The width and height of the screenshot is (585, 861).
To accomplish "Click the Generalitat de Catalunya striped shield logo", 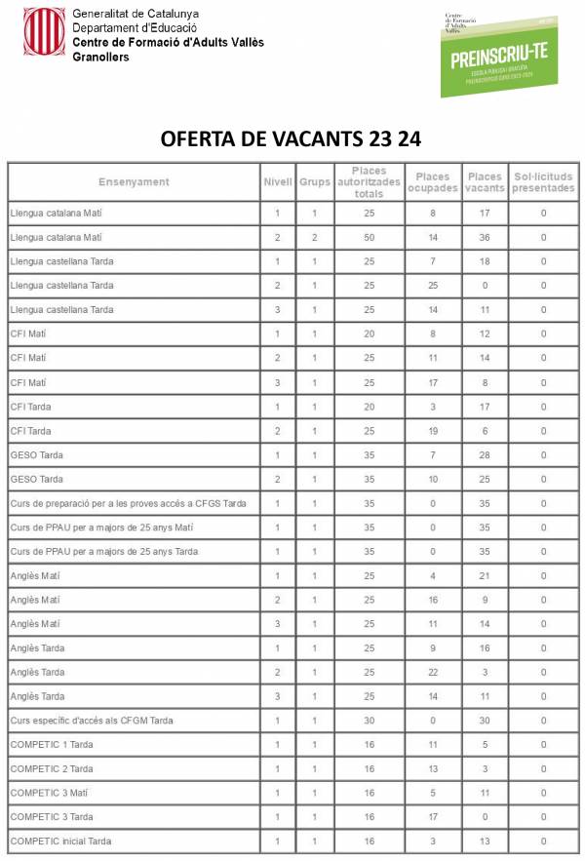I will coord(44,31).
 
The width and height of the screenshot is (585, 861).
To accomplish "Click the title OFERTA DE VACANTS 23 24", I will coord(291,138).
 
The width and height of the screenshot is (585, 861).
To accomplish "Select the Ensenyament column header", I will coord(134,182).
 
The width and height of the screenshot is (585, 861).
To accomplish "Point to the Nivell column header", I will coord(277,182).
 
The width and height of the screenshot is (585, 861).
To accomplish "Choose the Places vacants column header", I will coord(485,182).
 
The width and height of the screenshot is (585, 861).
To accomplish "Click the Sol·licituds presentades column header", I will coord(543,182).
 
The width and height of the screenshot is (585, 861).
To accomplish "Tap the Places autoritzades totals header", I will coord(369,182).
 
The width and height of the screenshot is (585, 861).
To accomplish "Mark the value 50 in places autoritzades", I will coord(369,237).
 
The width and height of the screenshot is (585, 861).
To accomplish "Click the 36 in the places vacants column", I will coord(485,237).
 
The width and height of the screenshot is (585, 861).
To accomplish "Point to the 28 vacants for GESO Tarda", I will coord(485,455).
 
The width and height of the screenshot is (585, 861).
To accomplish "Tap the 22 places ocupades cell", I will coord(432,672).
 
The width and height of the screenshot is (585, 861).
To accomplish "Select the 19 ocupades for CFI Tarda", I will coord(432,431).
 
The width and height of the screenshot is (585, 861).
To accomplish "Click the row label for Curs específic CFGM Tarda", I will coord(92,721).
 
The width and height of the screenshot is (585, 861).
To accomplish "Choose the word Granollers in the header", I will coord(100,58).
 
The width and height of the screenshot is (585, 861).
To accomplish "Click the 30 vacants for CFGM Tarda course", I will coord(485,721).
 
